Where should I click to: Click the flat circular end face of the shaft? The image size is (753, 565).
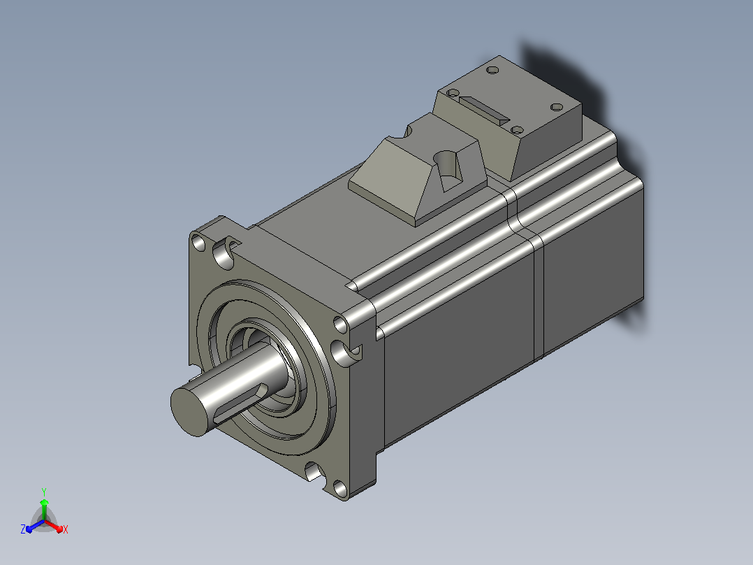pos(190,411)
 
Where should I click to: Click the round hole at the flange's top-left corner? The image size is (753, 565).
pos(198,243)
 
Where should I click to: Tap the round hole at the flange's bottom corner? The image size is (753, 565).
pos(340,489)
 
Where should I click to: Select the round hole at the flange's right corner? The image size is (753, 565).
pos(340,324)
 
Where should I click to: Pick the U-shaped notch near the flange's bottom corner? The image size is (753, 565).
pos(315,471)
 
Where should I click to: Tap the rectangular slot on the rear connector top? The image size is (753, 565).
pos(484,110)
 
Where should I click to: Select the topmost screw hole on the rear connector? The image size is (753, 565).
pos(492,70)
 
